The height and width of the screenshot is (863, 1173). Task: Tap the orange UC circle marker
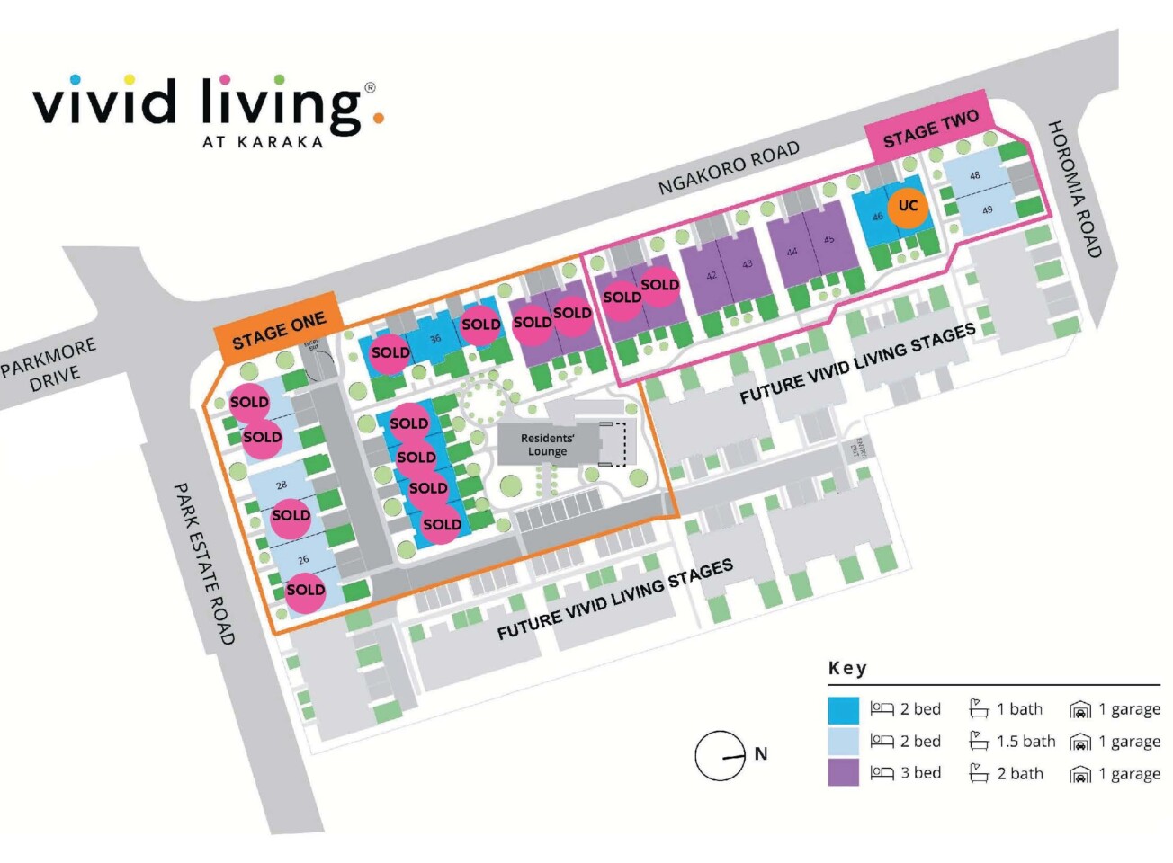[908, 206]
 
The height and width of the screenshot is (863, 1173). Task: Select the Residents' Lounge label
[547, 445]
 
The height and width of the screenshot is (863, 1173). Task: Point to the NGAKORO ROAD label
[729, 168]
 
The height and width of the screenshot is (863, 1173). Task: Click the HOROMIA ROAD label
[1074, 189]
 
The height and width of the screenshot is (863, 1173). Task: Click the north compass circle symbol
[720, 755]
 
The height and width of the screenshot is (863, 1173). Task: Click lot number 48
[974, 176]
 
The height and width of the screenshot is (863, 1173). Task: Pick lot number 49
[987, 210]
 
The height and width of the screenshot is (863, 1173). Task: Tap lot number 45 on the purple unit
[828, 239]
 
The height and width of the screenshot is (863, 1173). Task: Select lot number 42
[711, 275]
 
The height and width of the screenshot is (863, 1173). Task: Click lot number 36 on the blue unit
[435, 339]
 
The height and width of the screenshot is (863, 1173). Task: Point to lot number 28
[282, 485]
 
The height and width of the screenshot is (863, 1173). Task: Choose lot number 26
[303, 559]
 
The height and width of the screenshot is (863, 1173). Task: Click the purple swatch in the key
[843, 773]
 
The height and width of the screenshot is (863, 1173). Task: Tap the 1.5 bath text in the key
[1025, 742]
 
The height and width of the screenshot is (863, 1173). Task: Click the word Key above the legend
[847, 668]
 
